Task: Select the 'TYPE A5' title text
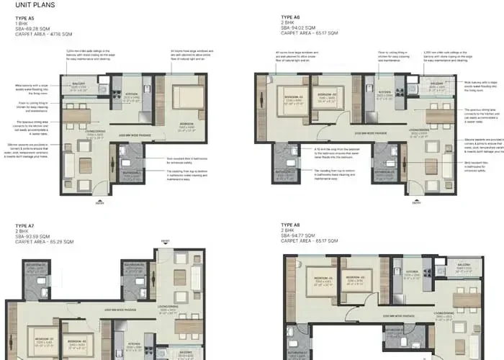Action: click(25, 17)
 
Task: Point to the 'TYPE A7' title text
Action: click(25, 226)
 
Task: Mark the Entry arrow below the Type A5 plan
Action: click(99, 200)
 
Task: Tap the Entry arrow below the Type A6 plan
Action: click(415, 200)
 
